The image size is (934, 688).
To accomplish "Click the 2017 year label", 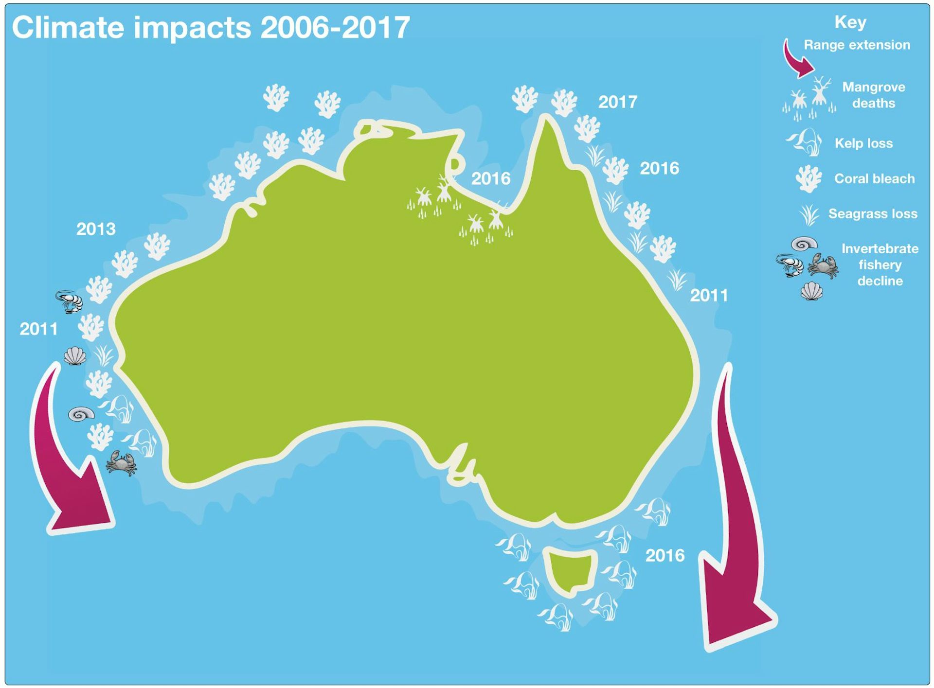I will (617, 102).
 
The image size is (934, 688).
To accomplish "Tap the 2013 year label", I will (96, 229).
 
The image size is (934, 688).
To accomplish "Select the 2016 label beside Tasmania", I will (665, 555).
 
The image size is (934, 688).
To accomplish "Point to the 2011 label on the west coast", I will (38, 329).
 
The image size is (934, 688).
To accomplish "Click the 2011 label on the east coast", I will (709, 295).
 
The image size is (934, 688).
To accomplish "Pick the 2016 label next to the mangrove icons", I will (491, 178).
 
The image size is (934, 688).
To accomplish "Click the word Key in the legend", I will (850, 22).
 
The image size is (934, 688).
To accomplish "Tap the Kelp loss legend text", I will (863, 143).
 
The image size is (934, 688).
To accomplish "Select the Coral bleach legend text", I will (874, 178).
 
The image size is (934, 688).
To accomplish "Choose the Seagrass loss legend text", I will (873, 213).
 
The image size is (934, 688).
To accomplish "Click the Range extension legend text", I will (857, 45).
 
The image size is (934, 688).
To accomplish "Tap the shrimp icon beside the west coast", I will (70, 301).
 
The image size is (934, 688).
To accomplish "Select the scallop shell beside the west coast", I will (75, 356).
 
